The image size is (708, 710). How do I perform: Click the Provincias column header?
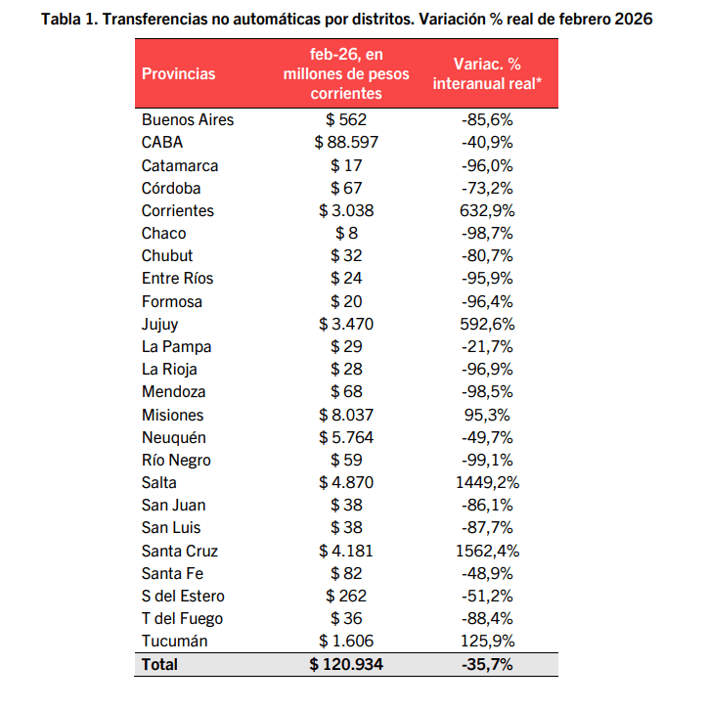pyautogui.click(x=179, y=73)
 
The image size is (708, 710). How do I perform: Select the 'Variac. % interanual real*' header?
pyautogui.click(x=488, y=73)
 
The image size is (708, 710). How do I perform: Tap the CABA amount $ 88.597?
pyautogui.click(x=346, y=143)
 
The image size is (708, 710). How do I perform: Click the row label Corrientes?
pyautogui.click(x=178, y=210)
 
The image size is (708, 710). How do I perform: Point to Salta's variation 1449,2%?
pyautogui.click(x=488, y=482)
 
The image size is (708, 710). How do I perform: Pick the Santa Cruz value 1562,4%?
pyautogui.click(x=488, y=550)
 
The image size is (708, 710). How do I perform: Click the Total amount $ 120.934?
pyautogui.click(x=346, y=664)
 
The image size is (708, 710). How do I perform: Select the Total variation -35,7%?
pyautogui.click(x=488, y=664)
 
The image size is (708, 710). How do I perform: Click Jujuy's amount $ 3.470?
pyautogui.click(x=346, y=324)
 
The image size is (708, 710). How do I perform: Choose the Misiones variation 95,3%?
pyautogui.click(x=488, y=415)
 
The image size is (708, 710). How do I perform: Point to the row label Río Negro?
pyautogui.click(x=176, y=460)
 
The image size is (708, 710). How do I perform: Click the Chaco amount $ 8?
pyautogui.click(x=346, y=233)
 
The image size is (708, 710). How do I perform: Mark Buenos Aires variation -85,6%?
pyautogui.click(x=488, y=119)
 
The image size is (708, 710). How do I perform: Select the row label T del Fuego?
pyautogui.click(x=182, y=618)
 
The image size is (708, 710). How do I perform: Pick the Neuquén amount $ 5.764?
pyautogui.click(x=346, y=437)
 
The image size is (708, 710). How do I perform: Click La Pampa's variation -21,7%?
pyautogui.click(x=488, y=346)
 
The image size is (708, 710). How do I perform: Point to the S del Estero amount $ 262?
pyautogui.click(x=346, y=596)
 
